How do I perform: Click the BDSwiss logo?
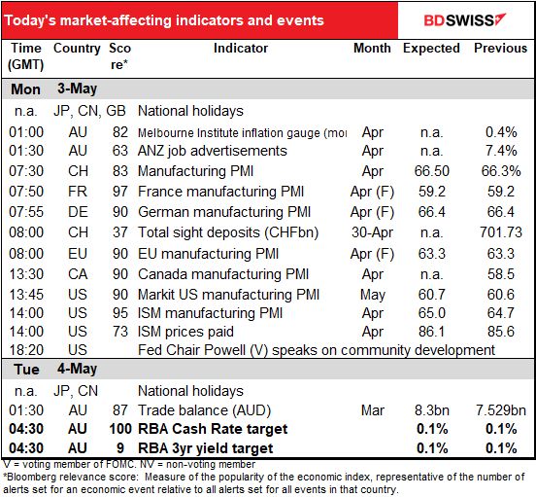click(x=464, y=19)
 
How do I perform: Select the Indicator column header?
click(x=241, y=49)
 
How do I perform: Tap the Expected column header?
click(x=431, y=49)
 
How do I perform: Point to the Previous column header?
click(x=500, y=49)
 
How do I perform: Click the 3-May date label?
click(x=77, y=89)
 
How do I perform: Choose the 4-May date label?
click(x=77, y=369)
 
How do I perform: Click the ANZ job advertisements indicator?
click(x=213, y=151)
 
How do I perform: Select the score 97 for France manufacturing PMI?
click(x=120, y=192)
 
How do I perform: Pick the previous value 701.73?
click(x=501, y=232)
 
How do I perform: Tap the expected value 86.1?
click(x=431, y=332)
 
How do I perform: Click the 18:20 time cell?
click(x=26, y=350)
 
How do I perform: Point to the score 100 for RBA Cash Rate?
click(x=120, y=429)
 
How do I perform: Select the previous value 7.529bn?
click(x=501, y=410)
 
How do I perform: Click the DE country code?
click(x=78, y=212)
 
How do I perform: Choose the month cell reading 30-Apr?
click(x=372, y=232)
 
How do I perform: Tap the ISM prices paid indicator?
click(x=185, y=332)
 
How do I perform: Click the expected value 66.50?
click(x=432, y=171)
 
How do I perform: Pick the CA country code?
click(x=78, y=274)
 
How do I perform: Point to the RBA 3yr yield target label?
click(x=206, y=448)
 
